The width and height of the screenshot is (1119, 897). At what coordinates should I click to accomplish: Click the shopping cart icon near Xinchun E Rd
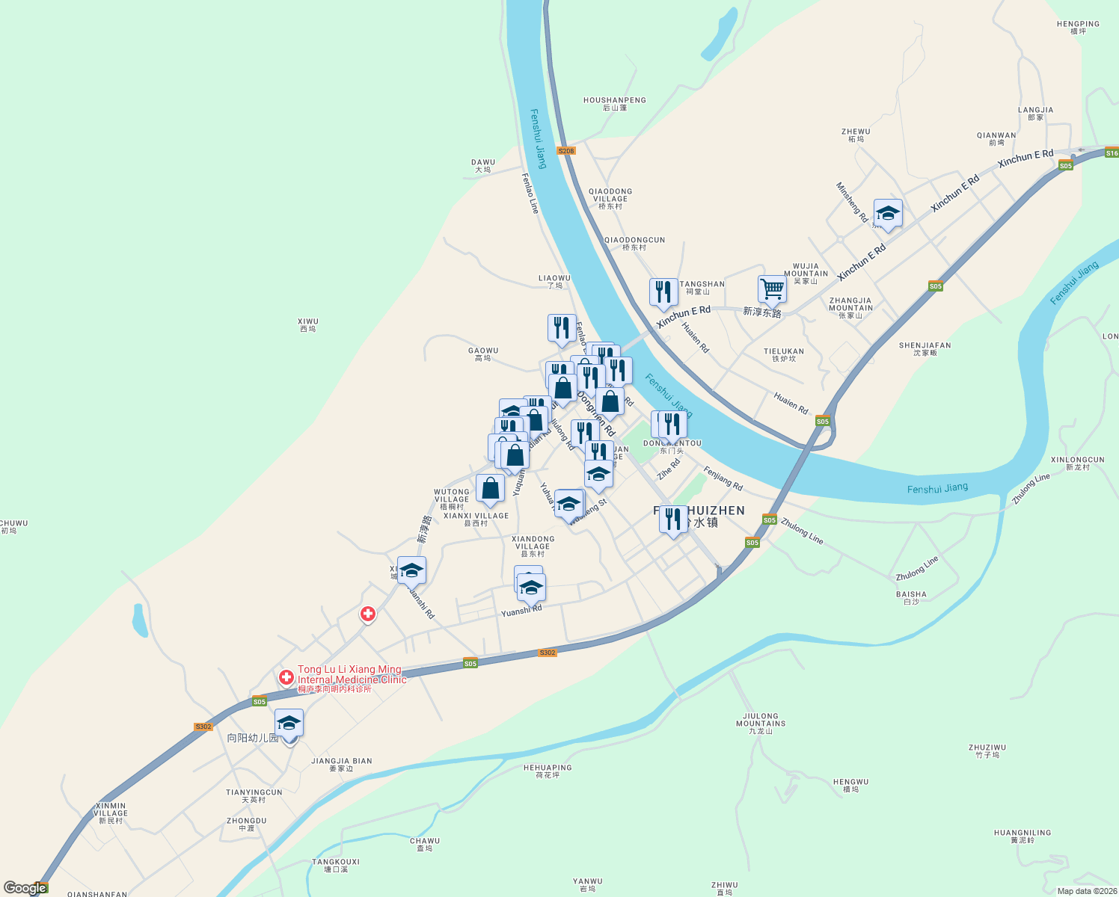pos(772,289)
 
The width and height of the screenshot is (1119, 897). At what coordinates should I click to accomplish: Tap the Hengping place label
pos(1078,28)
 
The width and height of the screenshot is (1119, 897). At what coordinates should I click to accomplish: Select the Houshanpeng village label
pos(615,104)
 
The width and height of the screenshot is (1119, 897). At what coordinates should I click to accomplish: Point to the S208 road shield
pos(566,151)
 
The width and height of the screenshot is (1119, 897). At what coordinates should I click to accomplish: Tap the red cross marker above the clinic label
pos(368,614)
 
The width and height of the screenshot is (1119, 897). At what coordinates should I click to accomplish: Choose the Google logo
pos(25,888)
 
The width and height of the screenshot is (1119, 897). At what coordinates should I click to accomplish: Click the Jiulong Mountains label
pos(761,724)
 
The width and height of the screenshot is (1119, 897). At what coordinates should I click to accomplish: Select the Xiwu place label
pos(308,325)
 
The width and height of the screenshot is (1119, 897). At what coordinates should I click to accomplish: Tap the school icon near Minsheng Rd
pos(888,214)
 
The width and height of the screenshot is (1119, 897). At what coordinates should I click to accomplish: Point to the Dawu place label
pos(483,166)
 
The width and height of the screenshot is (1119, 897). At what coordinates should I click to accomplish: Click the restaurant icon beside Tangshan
pos(663,292)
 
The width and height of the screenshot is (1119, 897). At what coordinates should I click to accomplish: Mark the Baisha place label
pos(911,598)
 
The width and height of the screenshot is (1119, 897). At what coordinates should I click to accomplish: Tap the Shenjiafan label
pos(925,349)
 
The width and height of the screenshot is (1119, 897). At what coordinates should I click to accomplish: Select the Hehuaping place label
pos(548,771)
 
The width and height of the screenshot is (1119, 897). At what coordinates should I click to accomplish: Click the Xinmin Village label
pos(111,813)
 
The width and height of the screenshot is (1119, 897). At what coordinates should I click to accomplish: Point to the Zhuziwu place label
pos(987,751)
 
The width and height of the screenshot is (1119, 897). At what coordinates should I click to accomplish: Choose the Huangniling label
pos(1023,836)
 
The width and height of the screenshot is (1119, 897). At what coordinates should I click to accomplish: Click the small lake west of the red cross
pos(139,620)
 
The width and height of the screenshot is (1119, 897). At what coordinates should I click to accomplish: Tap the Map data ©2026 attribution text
pos(1087,891)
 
